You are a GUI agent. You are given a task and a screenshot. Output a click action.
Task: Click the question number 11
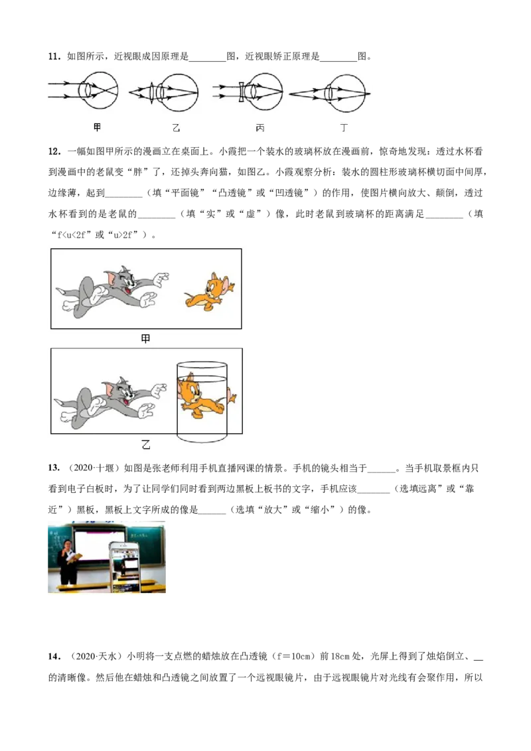click(54, 56)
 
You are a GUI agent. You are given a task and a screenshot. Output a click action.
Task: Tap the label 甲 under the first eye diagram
click(98, 127)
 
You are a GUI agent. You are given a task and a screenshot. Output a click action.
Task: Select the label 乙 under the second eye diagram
click(176, 128)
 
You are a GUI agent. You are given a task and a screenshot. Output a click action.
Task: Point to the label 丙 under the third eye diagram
click(260, 128)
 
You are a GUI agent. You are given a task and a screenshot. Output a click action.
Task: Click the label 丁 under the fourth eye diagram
click(344, 128)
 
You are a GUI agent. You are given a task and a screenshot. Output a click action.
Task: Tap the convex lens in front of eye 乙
click(153, 92)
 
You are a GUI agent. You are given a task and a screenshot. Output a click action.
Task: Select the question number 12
click(54, 152)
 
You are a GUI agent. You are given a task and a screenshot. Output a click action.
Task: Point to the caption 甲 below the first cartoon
click(145, 338)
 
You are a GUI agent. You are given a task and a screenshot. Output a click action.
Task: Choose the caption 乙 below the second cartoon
click(146, 444)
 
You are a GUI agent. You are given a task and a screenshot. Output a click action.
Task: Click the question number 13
click(54, 468)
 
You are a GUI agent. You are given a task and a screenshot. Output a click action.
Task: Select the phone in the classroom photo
click(125, 567)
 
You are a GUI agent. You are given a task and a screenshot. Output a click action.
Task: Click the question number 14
click(54, 657)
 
